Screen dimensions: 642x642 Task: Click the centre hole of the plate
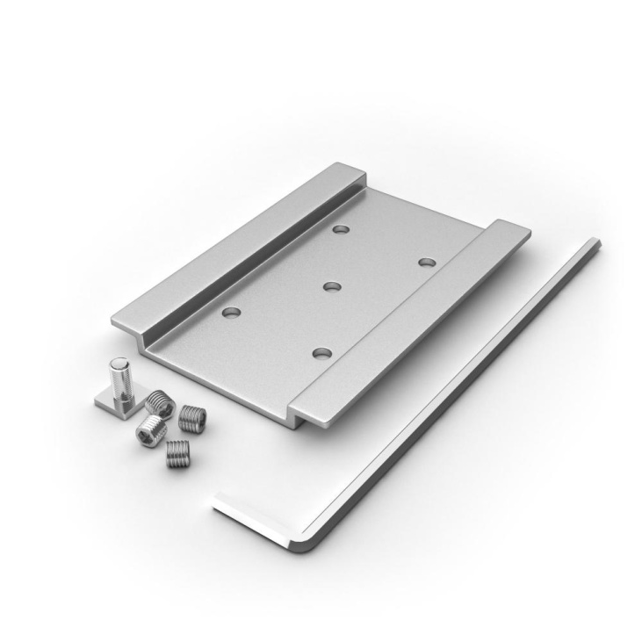point(331,286)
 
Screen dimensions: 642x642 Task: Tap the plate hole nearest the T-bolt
point(232,312)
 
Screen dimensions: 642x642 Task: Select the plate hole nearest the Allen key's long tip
point(427,262)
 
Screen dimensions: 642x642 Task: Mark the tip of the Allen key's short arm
point(218,501)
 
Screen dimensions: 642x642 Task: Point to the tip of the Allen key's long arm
point(595,246)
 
